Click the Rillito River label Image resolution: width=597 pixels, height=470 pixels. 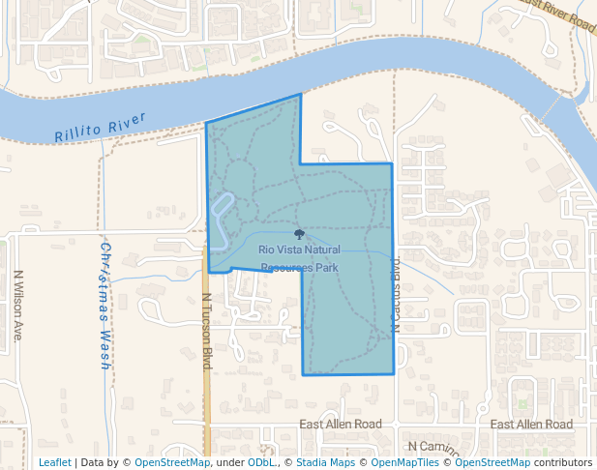pyautogui.click(x=100, y=127)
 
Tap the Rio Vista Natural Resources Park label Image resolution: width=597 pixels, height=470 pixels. pyautogui.click(x=299, y=257)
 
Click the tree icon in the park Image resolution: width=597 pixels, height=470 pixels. pyautogui.click(x=299, y=234)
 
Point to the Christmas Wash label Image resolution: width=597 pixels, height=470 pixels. pyautogui.click(x=104, y=306)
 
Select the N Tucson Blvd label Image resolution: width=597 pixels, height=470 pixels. pyautogui.click(x=206, y=331)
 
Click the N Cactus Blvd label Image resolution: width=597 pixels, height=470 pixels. pyautogui.click(x=397, y=296)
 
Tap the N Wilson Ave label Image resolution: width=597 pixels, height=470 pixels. pyautogui.click(x=17, y=306)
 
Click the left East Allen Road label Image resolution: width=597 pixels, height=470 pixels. pyautogui.click(x=341, y=425)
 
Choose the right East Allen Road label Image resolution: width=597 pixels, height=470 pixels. pyautogui.click(x=531, y=425)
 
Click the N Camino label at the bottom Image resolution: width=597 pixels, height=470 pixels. pyautogui.click(x=433, y=446)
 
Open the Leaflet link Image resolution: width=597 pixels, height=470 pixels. pyautogui.click(x=55, y=462)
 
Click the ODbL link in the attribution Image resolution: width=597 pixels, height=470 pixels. pyautogui.click(x=260, y=462)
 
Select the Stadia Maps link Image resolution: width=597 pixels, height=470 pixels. pyautogui.click(x=323, y=462)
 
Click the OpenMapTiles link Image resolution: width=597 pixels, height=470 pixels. pyautogui.click(x=403, y=462)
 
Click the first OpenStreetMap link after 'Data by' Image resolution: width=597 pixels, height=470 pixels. pyautogui.click(x=172, y=462)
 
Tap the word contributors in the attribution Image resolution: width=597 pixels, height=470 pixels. pyautogui.click(x=562, y=462)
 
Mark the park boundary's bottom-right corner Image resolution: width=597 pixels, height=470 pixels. pyautogui.click(x=394, y=373)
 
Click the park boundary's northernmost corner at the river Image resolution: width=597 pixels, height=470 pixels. pyautogui.click(x=300, y=95)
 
